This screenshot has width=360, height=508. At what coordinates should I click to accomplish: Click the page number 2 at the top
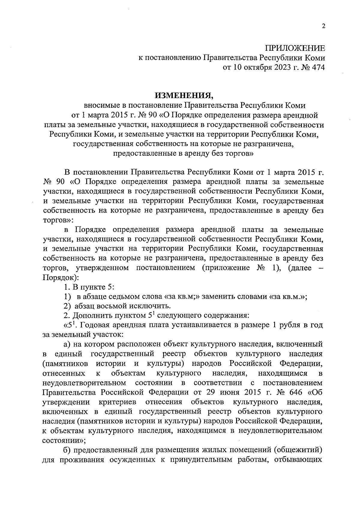click(323, 26)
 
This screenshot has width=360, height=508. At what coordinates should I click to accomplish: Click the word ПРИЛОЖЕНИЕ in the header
click(295, 48)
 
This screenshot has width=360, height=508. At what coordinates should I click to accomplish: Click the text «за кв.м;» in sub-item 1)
click(183, 296)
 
